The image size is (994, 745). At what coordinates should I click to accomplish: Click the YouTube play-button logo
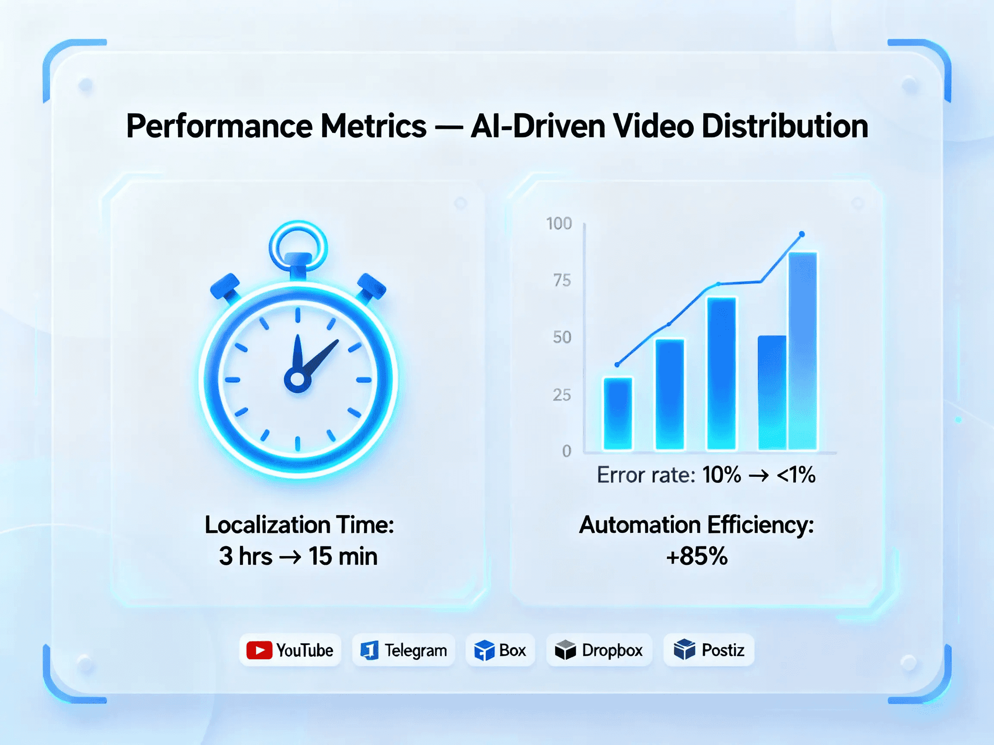click(259, 650)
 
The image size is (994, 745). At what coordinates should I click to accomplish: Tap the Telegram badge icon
click(369, 650)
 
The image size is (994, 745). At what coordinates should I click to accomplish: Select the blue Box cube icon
click(484, 650)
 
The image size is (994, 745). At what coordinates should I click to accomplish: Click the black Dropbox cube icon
click(565, 650)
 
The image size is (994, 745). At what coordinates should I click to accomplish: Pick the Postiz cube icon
click(684, 649)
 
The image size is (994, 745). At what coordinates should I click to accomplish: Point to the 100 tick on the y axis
click(559, 224)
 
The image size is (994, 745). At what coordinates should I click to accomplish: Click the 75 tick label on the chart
click(562, 281)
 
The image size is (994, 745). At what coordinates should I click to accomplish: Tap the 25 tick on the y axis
click(562, 395)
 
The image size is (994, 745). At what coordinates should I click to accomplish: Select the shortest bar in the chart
click(618, 413)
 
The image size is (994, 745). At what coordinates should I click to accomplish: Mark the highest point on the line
click(802, 234)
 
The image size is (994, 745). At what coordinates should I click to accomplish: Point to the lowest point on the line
click(617, 365)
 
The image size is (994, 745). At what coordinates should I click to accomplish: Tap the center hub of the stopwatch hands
click(298, 379)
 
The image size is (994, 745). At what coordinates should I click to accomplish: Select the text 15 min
click(343, 556)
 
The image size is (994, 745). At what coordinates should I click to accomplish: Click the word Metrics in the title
click(374, 126)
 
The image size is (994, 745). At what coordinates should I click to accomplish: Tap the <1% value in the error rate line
click(796, 475)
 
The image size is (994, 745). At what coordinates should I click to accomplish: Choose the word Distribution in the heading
click(785, 126)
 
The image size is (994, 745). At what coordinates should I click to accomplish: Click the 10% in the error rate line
click(722, 475)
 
